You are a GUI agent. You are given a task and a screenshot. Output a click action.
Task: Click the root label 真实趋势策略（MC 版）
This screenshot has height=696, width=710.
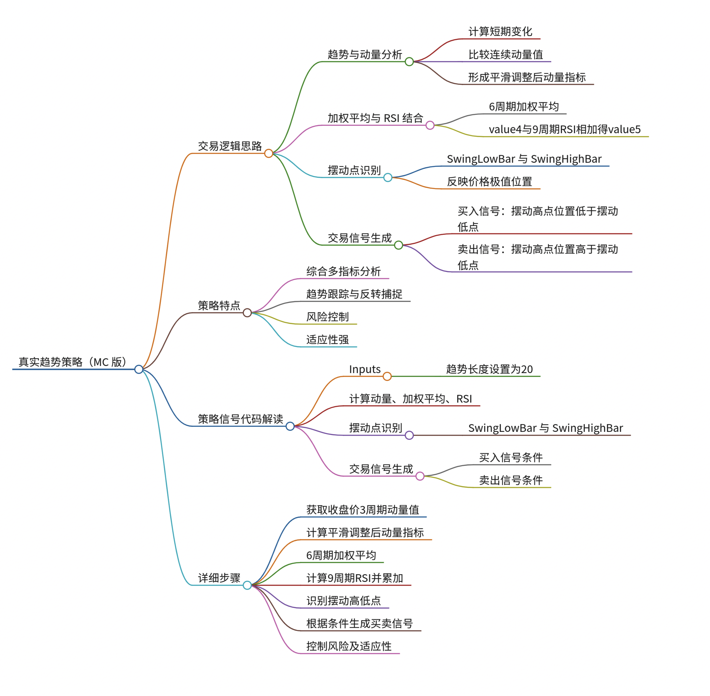point(73,362)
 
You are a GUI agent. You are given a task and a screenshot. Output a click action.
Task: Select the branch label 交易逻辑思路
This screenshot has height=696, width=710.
point(230,146)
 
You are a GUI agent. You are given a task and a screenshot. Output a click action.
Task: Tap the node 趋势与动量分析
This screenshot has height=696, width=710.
point(365,54)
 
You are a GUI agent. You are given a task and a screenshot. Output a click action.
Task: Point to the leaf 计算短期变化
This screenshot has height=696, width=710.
point(500,32)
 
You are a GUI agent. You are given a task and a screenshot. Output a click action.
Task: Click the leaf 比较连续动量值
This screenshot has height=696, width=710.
point(506,54)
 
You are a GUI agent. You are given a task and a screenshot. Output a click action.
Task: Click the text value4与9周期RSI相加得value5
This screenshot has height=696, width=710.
point(565,129)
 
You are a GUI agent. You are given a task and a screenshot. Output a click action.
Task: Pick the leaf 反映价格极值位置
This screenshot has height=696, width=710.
point(489,182)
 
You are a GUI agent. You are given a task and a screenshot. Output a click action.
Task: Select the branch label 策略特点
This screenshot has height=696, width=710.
point(219,305)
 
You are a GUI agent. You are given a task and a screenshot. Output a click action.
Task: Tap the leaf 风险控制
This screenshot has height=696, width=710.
point(328,317)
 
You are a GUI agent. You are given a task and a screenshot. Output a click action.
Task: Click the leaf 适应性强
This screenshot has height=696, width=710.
point(328,340)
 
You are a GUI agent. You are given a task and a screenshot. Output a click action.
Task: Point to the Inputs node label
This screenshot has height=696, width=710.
point(365,369)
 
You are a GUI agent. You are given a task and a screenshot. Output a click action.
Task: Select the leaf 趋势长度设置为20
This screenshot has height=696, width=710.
point(489,369)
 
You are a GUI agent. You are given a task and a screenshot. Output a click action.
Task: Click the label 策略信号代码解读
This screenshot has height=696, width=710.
point(240,419)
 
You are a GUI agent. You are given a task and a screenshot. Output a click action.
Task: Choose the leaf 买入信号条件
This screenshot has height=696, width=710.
point(511,457)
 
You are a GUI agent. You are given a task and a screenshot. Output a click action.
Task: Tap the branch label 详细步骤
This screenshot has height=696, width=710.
point(219,578)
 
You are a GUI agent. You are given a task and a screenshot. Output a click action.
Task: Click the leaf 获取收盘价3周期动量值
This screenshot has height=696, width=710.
point(362,510)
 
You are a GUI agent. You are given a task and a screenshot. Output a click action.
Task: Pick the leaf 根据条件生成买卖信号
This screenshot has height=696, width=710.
point(359,623)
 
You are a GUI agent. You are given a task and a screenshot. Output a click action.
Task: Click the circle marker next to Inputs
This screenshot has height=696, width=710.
point(387,376)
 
